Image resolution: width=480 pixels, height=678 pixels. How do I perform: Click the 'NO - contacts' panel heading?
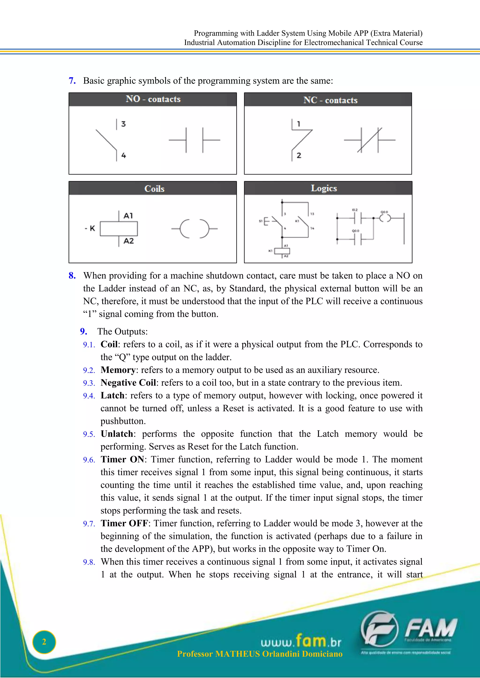tap(153, 99)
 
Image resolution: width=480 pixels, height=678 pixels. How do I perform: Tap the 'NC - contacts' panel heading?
tap(330, 100)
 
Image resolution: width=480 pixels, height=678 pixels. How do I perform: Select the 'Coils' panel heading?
tap(154, 189)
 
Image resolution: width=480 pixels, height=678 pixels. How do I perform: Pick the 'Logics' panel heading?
tap(324, 188)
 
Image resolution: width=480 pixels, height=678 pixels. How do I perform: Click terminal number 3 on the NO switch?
tap(123, 124)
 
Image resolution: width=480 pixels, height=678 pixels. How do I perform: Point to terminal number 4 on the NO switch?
tap(124, 155)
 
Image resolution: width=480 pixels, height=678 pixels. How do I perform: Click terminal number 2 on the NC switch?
tap(299, 155)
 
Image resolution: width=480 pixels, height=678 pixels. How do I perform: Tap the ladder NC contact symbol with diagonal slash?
tap(369, 140)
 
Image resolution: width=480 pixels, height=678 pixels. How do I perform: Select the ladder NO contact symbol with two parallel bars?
tap(194, 140)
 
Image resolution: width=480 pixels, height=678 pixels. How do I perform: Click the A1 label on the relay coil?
tap(128, 216)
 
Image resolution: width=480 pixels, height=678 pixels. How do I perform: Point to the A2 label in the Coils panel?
tap(129, 241)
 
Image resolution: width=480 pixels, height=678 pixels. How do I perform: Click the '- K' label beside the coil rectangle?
tap(90, 228)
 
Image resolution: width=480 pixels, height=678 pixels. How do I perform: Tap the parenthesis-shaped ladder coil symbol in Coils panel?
tap(194, 228)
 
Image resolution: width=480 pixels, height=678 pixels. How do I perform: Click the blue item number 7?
tap(72, 81)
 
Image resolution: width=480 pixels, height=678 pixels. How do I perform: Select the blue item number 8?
tap(72, 276)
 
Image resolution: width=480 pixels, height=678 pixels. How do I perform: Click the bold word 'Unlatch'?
tap(117, 434)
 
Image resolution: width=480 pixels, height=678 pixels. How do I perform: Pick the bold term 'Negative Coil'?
tap(128, 383)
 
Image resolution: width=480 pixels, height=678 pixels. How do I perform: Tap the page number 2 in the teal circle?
tap(44, 642)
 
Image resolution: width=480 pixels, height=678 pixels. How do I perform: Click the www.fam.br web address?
tap(301, 641)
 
